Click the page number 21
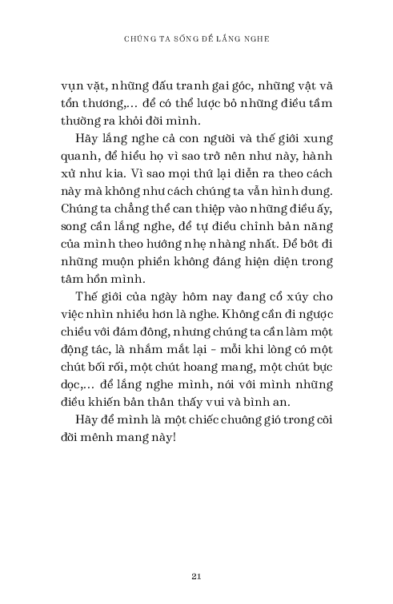(196, 574)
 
